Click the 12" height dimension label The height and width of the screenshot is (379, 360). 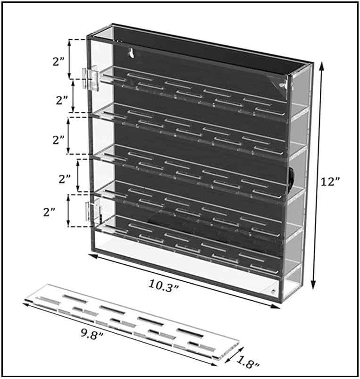(330, 181)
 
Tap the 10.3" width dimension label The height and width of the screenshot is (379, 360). (164, 286)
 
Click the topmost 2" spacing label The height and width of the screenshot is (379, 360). (59, 62)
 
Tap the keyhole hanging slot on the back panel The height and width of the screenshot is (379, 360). (131, 53)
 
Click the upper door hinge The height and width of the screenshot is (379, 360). (91, 77)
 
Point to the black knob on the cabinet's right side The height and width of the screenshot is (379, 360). (292, 179)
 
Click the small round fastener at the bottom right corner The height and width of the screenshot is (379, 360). (273, 292)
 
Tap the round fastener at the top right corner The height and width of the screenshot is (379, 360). (282, 84)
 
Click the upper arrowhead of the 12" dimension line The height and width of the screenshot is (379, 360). (321, 65)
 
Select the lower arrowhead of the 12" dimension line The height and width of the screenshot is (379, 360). (313, 285)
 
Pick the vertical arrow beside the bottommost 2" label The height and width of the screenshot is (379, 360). (68, 211)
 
